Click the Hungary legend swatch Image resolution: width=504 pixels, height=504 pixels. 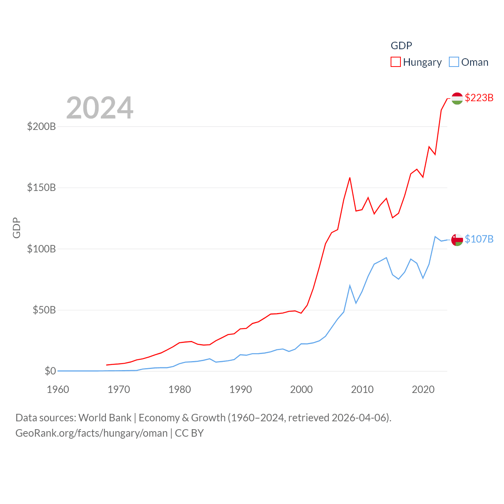[396, 62]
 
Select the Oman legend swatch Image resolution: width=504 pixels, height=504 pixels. [454, 62]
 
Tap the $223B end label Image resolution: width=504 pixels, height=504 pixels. [479, 98]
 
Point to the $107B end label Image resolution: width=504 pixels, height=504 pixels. [479, 239]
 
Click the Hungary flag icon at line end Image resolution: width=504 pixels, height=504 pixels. [457, 98]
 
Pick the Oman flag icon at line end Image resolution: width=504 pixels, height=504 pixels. [457, 239]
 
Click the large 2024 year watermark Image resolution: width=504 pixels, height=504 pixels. [100, 108]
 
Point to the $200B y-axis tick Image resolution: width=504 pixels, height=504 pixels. [41, 126]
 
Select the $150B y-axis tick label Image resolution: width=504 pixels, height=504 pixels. [41, 187]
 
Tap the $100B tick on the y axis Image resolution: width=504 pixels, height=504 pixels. [41, 249]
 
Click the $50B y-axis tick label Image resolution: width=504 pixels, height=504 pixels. [44, 310]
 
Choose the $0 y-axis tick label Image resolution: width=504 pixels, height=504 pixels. [50, 371]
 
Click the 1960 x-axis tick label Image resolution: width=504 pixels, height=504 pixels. [58, 389]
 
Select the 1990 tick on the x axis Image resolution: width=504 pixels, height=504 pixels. [241, 389]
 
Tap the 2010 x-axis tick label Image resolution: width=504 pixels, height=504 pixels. [362, 389]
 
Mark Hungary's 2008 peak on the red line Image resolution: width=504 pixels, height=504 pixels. [350, 178]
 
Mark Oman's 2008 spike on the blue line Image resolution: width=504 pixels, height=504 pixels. [350, 285]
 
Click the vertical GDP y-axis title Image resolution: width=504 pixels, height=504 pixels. [17, 228]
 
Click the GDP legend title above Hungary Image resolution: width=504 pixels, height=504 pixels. [401, 46]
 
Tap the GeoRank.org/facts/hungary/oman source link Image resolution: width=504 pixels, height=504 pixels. [91, 433]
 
